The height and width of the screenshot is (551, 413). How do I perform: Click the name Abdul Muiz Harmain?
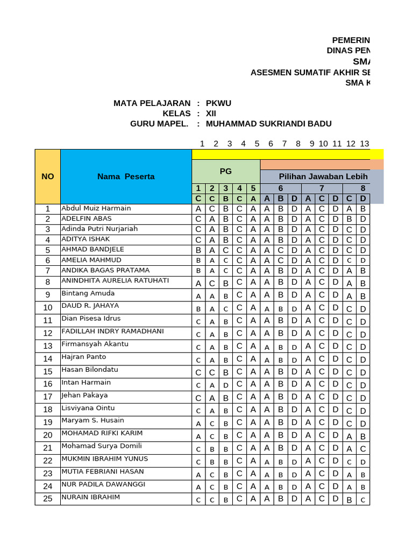click(x=96, y=208)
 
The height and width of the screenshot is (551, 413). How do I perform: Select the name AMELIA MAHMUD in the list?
click(x=91, y=260)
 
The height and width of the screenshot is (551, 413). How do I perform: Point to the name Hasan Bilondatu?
click(x=90, y=370)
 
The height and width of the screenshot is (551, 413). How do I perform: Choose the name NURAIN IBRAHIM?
click(x=91, y=497)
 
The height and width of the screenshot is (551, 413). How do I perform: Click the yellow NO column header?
click(x=48, y=176)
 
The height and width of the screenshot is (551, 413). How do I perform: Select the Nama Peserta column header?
click(x=126, y=176)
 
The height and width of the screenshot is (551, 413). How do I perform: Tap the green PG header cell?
click(x=226, y=171)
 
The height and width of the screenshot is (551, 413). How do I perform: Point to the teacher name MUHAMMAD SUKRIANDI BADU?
click(x=269, y=124)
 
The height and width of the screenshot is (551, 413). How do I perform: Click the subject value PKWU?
click(x=219, y=103)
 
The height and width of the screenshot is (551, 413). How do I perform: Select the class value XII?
click(x=211, y=114)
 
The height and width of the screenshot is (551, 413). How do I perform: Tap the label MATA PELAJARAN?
click(x=152, y=103)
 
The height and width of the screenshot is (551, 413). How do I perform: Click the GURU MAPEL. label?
click(x=160, y=124)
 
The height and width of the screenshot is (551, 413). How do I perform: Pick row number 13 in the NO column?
click(x=48, y=346)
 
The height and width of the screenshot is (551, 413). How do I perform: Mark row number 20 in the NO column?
click(x=48, y=435)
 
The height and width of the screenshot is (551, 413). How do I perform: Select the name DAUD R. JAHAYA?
click(x=90, y=306)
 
